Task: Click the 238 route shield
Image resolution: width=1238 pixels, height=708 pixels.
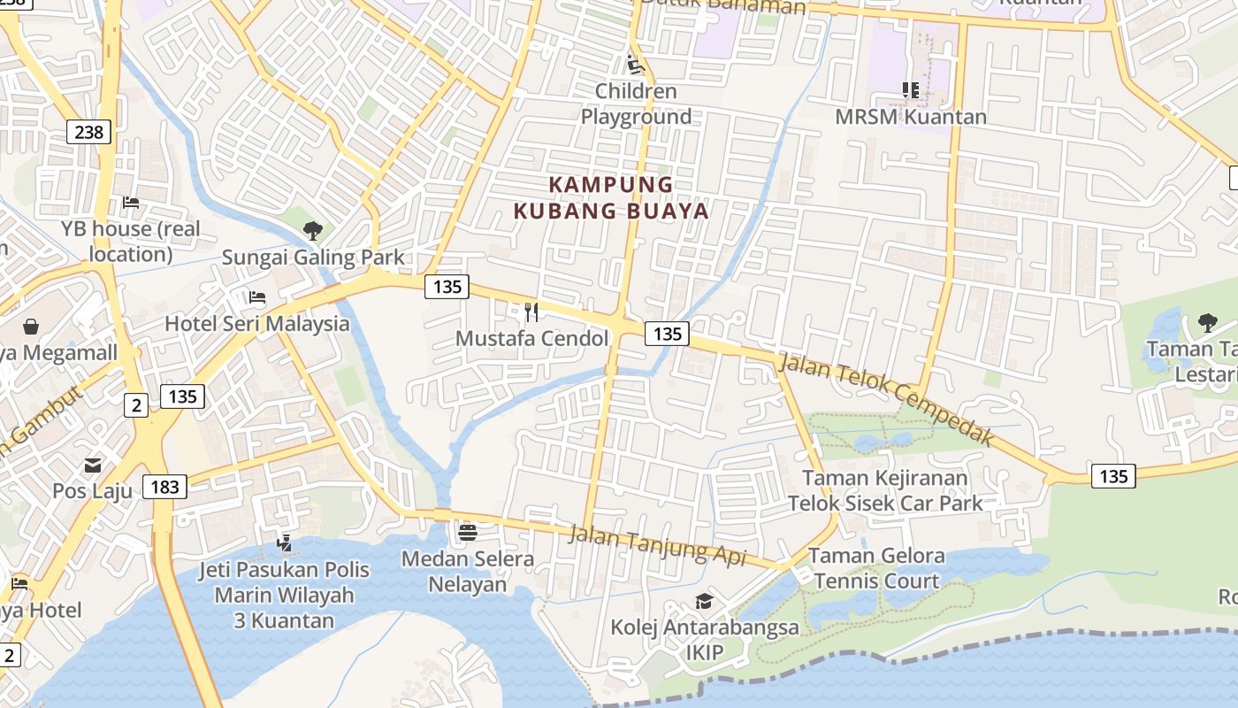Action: click(x=88, y=133)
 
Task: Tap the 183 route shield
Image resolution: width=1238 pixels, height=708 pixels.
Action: click(x=165, y=486)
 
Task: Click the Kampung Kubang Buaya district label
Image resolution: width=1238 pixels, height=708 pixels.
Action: click(x=611, y=197)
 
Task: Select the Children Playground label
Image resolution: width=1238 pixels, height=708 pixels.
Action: click(x=636, y=104)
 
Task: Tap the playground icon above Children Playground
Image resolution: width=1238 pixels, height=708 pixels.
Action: click(x=635, y=64)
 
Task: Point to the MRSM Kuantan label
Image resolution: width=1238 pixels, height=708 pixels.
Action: click(x=911, y=116)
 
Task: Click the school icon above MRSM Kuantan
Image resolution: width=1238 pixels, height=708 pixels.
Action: click(x=911, y=89)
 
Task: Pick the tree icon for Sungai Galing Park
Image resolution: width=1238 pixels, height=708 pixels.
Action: click(x=312, y=231)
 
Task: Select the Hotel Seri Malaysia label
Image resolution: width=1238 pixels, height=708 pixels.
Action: click(x=257, y=323)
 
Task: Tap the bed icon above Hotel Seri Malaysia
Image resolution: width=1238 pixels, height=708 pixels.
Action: click(x=257, y=297)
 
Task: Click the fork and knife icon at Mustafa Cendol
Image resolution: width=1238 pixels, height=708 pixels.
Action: click(x=531, y=312)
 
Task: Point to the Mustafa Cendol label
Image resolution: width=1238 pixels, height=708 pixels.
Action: click(x=531, y=338)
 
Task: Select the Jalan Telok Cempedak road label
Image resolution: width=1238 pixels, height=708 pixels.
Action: click(x=886, y=401)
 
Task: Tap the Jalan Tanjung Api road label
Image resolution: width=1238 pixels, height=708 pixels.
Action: click(x=657, y=544)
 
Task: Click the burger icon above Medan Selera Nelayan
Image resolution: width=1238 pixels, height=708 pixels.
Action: click(x=468, y=532)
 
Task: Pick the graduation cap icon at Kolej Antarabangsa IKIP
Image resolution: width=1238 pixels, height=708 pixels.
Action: click(x=704, y=602)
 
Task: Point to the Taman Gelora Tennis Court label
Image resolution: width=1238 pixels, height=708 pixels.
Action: click(x=876, y=568)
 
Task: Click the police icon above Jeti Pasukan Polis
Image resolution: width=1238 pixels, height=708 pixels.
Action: click(x=284, y=542)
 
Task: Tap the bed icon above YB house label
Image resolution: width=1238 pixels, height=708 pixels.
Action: click(x=131, y=203)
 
